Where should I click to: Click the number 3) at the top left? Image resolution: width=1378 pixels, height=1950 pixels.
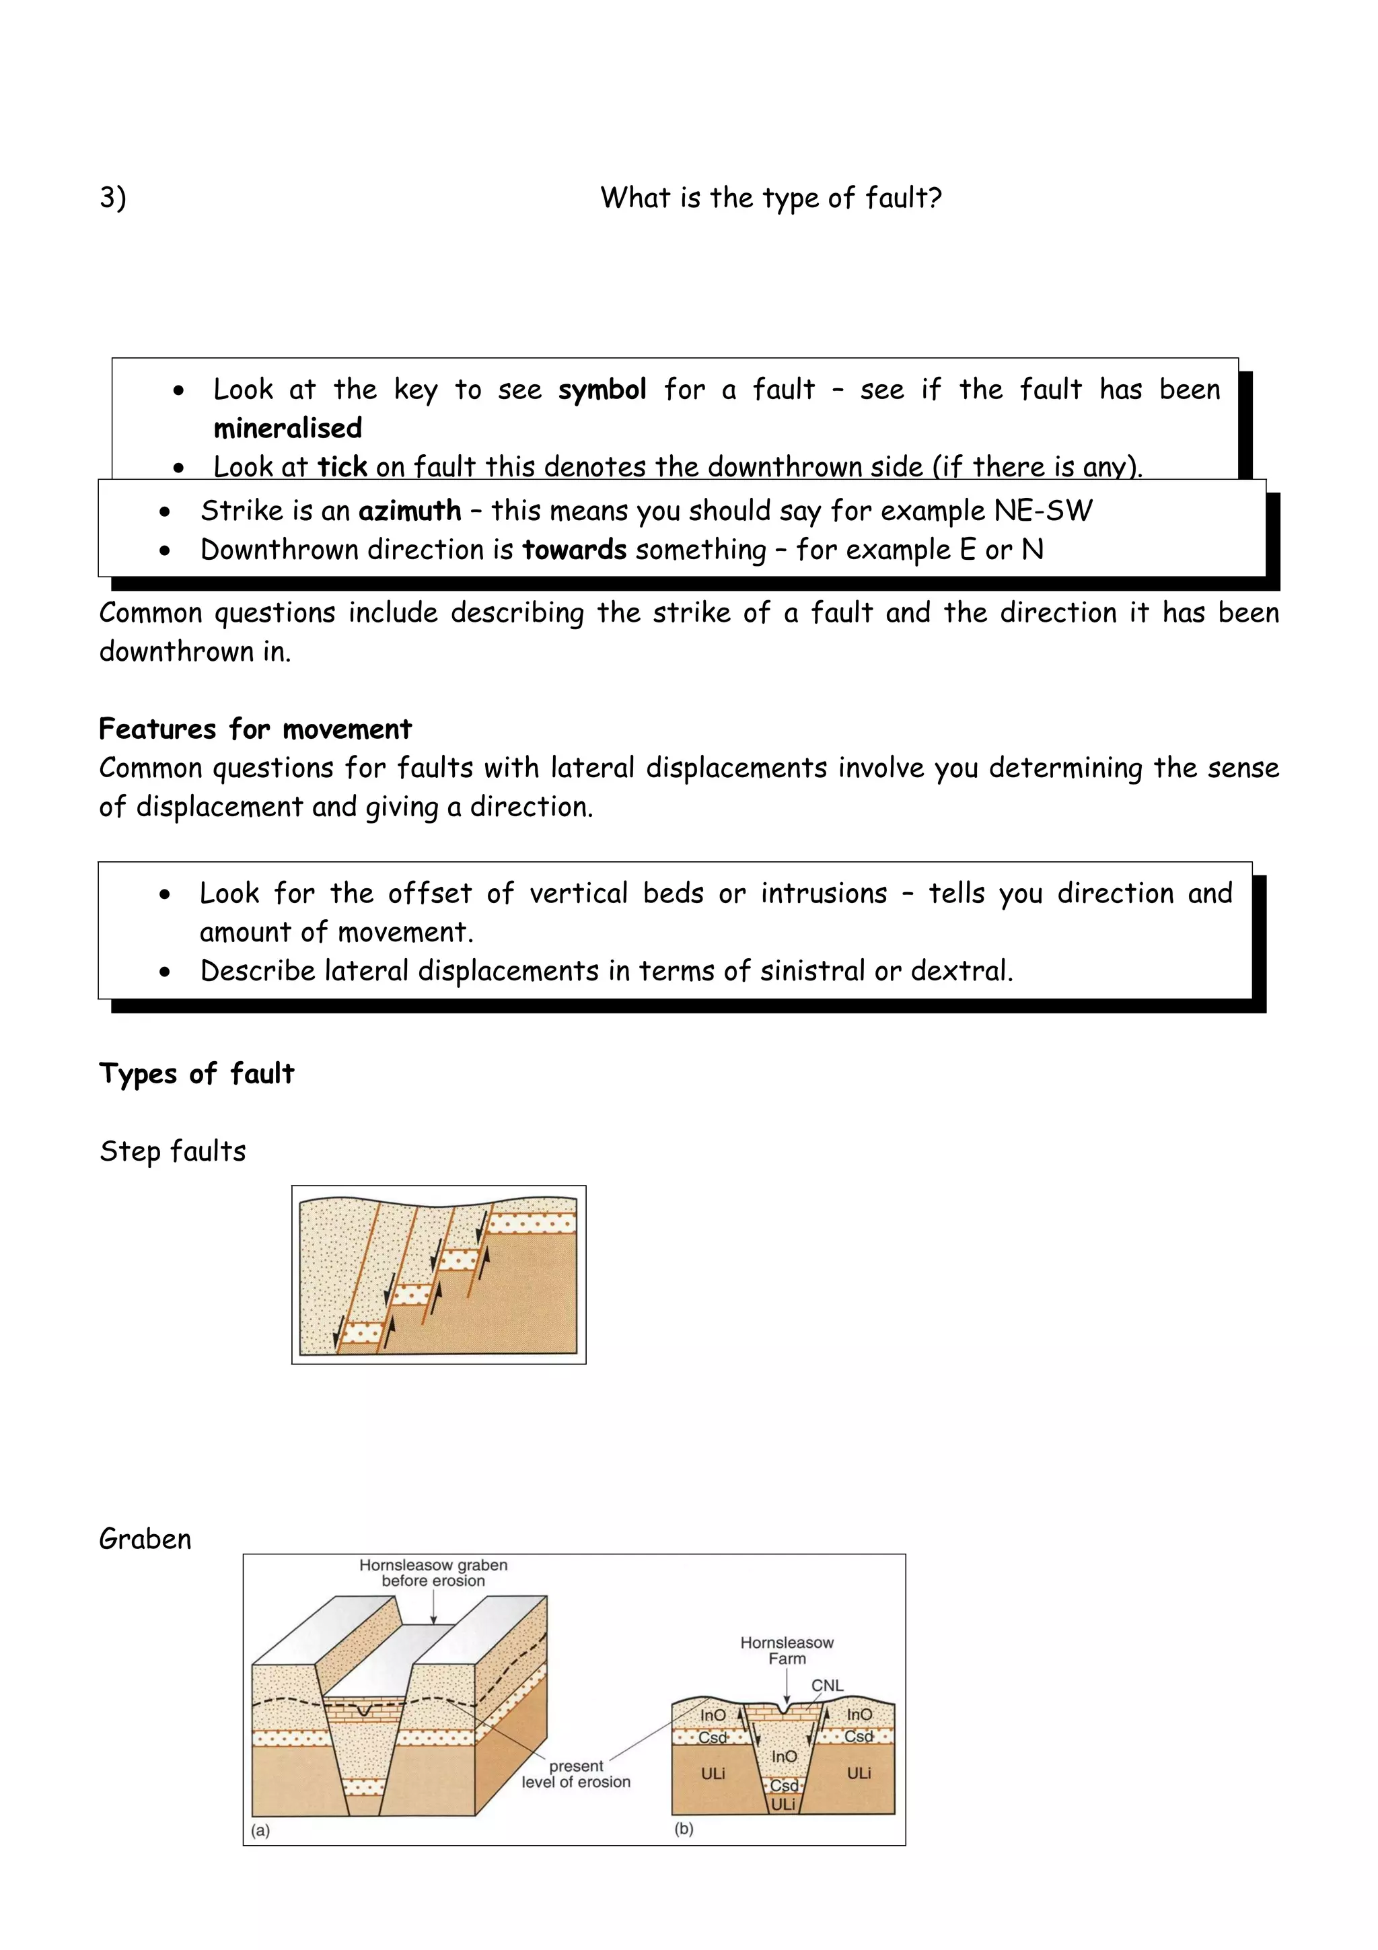point(113,198)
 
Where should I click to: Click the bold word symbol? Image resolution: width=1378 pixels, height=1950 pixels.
point(602,390)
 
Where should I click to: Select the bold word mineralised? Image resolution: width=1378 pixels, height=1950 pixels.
point(288,428)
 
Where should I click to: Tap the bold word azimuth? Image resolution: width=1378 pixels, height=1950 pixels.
point(409,511)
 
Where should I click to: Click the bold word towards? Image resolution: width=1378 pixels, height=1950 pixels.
point(574,550)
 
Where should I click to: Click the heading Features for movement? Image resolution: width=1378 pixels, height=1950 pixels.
point(255,729)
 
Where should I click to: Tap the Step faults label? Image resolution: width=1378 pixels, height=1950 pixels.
point(172,1152)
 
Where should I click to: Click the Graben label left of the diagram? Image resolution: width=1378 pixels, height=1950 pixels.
point(145,1539)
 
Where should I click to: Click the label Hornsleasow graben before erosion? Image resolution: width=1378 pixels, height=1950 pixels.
point(433,1573)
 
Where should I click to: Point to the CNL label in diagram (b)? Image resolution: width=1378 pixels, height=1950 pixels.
point(827,1685)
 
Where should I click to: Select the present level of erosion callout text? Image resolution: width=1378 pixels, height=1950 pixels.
point(576,1774)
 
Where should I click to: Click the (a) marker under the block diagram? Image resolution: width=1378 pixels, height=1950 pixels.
point(260,1830)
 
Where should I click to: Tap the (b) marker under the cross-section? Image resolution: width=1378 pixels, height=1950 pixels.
point(684,1829)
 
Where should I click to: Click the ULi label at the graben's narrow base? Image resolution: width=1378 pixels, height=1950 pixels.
point(783,1803)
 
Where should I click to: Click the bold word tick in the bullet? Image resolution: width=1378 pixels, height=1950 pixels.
point(342,467)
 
